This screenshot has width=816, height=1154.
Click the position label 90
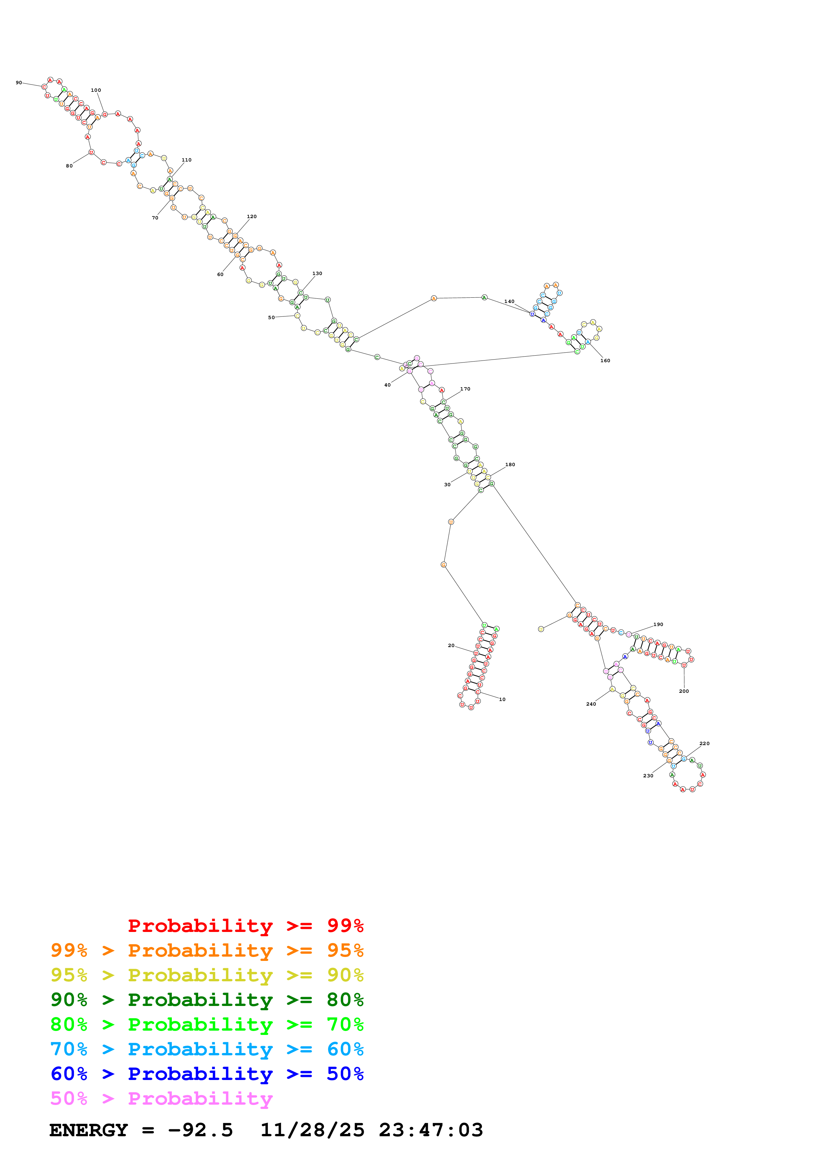[x=19, y=83]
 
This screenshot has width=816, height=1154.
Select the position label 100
[x=95, y=90]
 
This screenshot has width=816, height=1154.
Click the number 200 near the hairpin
[x=684, y=691]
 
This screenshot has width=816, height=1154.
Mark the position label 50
[x=271, y=318]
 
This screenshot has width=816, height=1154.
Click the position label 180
[x=510, y=465]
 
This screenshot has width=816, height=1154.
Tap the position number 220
[x=704, y=744]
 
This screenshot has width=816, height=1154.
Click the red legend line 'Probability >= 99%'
[x=245, y=926]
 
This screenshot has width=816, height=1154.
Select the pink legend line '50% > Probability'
[x=161, y=1099]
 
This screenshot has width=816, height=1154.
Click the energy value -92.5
[x=200, y=1130]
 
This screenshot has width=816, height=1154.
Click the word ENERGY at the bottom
[x=89, y=1130]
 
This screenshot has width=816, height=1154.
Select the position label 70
[x=155, y=218]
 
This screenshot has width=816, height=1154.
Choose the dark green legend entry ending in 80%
[x=207, y=1000]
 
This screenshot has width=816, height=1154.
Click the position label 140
[x=509, y=302]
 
